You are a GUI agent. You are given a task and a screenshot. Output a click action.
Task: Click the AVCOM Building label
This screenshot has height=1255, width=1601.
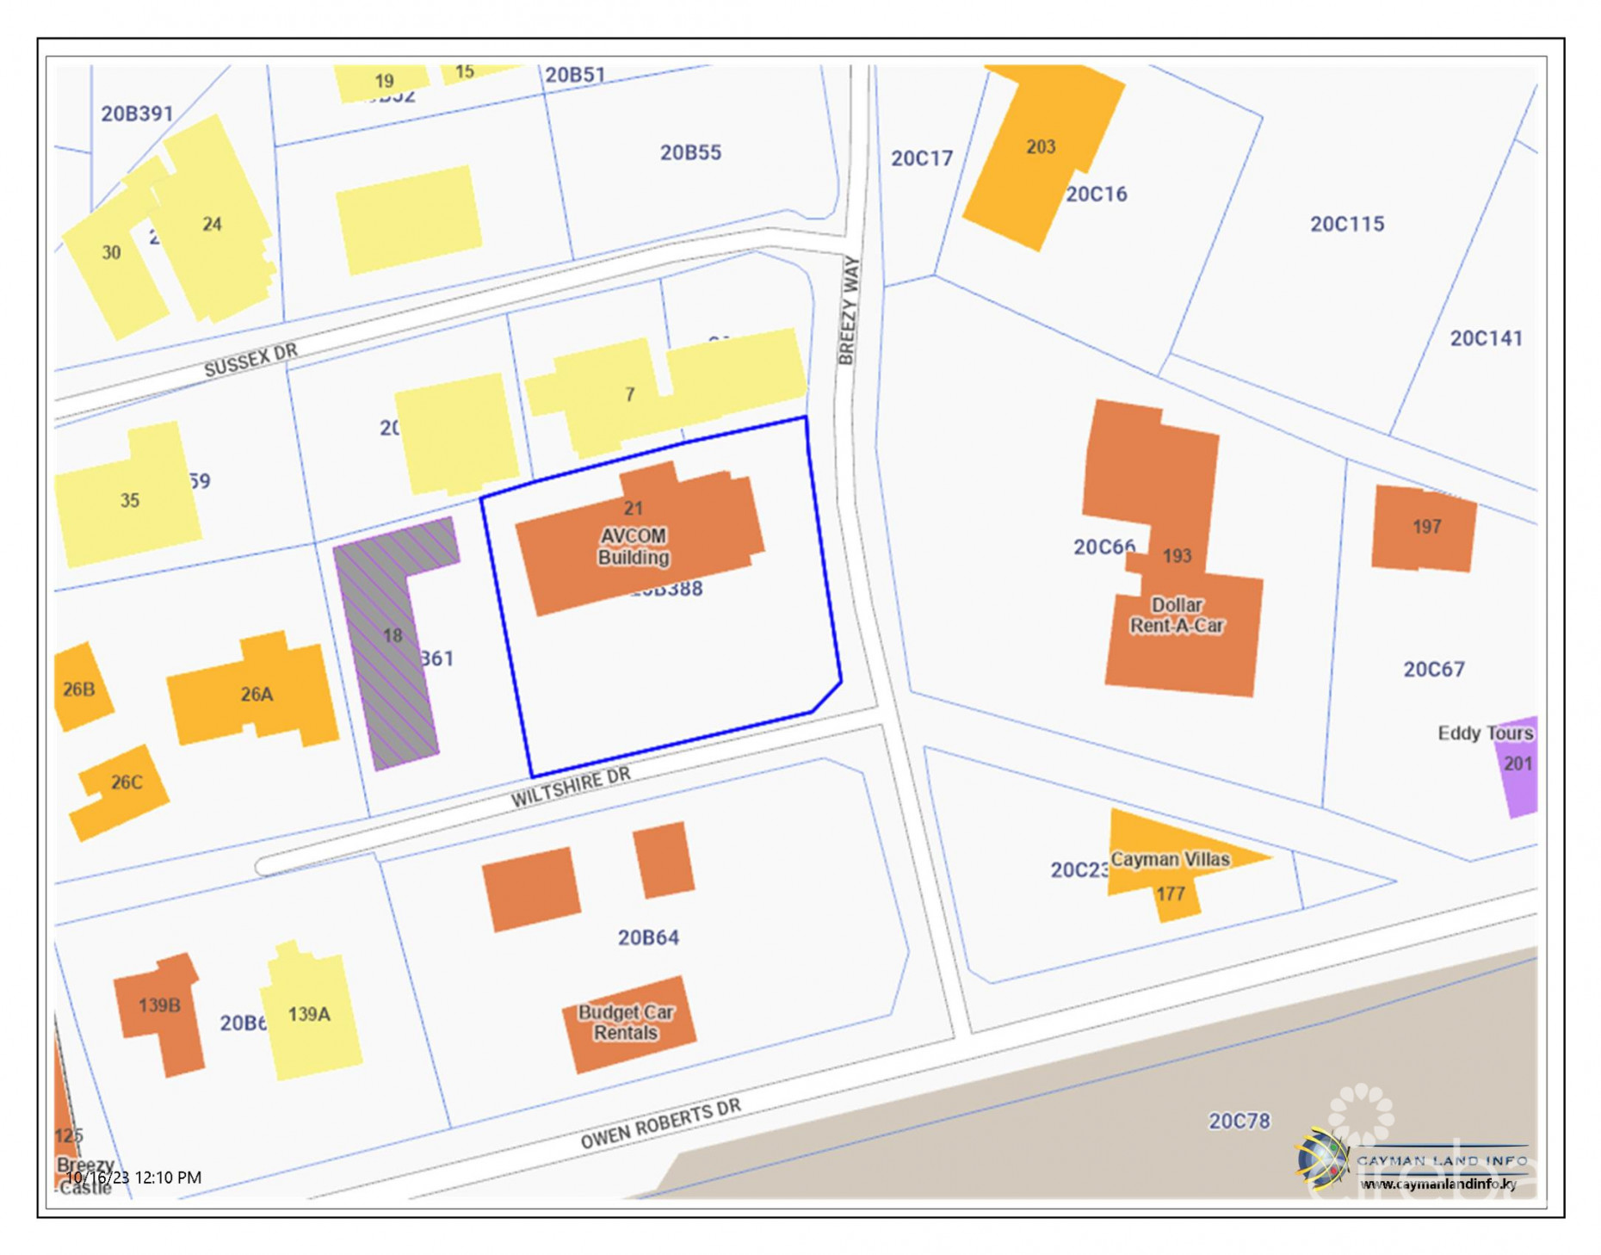[634, 547]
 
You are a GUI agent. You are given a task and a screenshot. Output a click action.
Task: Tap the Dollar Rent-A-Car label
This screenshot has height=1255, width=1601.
[1176, 615]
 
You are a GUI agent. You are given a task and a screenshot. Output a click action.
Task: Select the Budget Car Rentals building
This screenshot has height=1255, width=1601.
[628, 1023]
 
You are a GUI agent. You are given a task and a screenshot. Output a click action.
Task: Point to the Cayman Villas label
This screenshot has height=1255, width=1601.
[1170, 859]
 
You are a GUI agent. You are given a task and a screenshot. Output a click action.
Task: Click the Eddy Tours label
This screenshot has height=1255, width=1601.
[1485, 733]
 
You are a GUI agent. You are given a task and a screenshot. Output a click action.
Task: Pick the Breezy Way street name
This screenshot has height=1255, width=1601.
[849, 310]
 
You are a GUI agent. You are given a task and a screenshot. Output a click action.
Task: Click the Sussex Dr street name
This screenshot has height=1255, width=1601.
[250, 361]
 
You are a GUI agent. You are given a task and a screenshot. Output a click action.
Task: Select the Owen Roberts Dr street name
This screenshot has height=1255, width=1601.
[660, 1123]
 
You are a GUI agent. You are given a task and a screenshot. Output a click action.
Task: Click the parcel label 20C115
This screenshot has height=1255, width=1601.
[1347, 224]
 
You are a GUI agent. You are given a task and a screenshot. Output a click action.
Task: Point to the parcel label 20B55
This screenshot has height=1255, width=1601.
[690, 152]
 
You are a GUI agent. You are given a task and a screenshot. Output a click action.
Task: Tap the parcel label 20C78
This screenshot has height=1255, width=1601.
[1239, 1121]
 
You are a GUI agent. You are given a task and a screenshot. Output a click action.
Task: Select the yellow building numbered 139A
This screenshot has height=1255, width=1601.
[310, 1015]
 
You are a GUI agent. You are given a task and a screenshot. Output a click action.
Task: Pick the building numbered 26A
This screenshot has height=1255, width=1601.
[255, 694]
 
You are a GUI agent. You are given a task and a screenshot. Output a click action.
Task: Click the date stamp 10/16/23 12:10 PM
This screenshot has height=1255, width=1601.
[133, 1178]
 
